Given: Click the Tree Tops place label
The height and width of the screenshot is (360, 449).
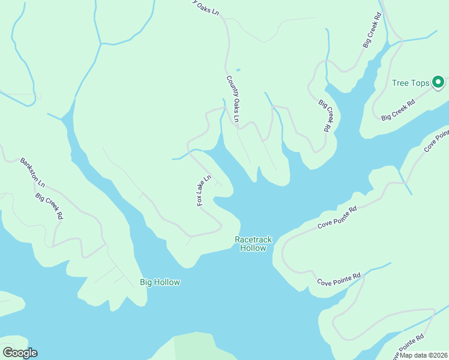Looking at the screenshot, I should tap(411, 83).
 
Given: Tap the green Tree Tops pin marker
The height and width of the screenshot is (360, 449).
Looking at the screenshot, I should tap(438, 83).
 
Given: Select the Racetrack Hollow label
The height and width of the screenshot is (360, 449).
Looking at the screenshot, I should tap(253, 244).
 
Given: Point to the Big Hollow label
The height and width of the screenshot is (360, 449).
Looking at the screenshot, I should tap(160, 282).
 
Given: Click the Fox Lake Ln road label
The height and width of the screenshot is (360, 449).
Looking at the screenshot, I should tap(205, 191).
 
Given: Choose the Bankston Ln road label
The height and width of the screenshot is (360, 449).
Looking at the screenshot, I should tap(32, 172).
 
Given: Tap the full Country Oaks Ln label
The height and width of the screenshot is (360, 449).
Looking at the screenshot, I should tap(232, 100).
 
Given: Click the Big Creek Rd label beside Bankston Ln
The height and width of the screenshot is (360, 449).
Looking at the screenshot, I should tap(49, 206).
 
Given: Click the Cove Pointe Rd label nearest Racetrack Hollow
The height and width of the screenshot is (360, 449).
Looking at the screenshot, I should tap(337, 217).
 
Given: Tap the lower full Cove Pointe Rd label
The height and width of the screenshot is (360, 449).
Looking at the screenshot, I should tap(339, 279).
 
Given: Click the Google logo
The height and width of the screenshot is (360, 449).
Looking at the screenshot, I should tap(20, 353).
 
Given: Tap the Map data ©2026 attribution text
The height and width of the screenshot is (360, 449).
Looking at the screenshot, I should tap(424, 355).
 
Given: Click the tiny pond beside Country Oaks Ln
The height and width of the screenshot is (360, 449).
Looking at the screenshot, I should tap(238, 70).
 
